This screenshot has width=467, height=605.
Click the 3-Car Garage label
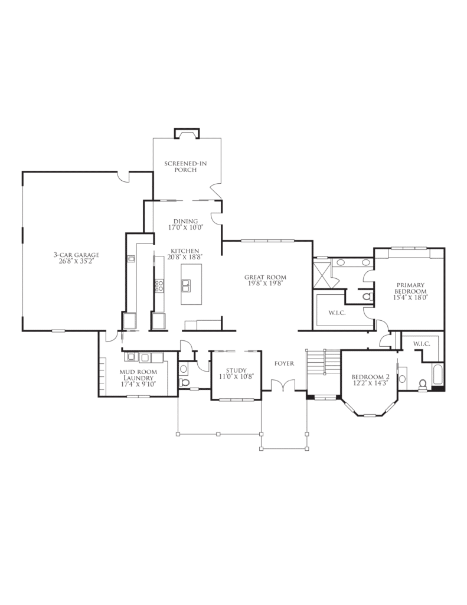click(x=76, y=255)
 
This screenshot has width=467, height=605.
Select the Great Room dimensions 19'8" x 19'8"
click(x=265, y=283)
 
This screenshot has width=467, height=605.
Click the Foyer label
click(x=284, y=363)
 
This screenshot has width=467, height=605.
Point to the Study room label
click(x=236, y=371)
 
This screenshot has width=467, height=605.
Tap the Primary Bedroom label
click(x=410, y=288)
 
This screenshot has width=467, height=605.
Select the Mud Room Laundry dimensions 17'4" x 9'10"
click(x=138, y=384)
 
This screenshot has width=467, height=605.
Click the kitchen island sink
click(x=186, y=286)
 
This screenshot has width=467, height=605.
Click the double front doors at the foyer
click(x=283, y=386)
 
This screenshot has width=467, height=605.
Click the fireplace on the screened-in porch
click(x=187, y=133)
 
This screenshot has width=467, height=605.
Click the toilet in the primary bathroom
click(x=368, y=297)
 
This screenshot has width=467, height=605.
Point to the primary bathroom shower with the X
click(x=322, y=274)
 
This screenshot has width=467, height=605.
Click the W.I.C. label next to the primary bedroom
click(x=337, y=313)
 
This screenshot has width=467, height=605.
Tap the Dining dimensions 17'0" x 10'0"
click(x=185, y=227)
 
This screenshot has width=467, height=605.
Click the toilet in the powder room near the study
click(x=185, y=382)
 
